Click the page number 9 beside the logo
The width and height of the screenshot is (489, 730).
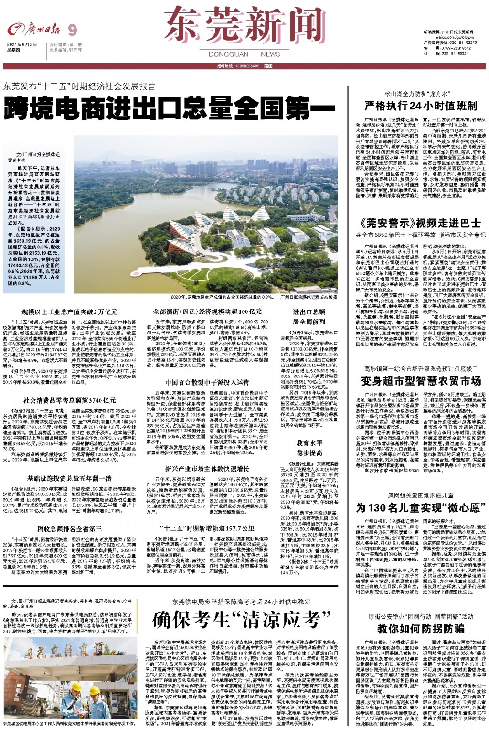tap(72, 31)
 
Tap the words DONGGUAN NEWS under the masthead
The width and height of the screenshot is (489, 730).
tap(244, 54)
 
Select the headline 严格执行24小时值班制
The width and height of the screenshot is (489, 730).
tap(420, 106)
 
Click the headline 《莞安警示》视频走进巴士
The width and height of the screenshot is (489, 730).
tap(420, 223)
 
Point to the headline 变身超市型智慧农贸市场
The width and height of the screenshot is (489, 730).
tap(420, 381)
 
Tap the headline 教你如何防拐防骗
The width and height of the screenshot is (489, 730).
tap(420, 628)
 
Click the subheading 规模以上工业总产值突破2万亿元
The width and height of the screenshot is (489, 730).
tap(69, 311)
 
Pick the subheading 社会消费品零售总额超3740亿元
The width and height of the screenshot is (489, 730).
tap(69, 400)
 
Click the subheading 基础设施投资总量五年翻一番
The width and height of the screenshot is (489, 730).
tap(69, 478)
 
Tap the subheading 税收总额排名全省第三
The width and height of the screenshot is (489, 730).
tap(69, 529)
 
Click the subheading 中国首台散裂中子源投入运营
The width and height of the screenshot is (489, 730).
tap(207, 382)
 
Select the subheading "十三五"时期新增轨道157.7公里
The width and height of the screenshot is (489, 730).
tap(207, 528)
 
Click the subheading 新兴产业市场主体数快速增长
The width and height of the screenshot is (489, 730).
tap(207, 469)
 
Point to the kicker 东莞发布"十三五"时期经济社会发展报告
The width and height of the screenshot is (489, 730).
tap(79, 86)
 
